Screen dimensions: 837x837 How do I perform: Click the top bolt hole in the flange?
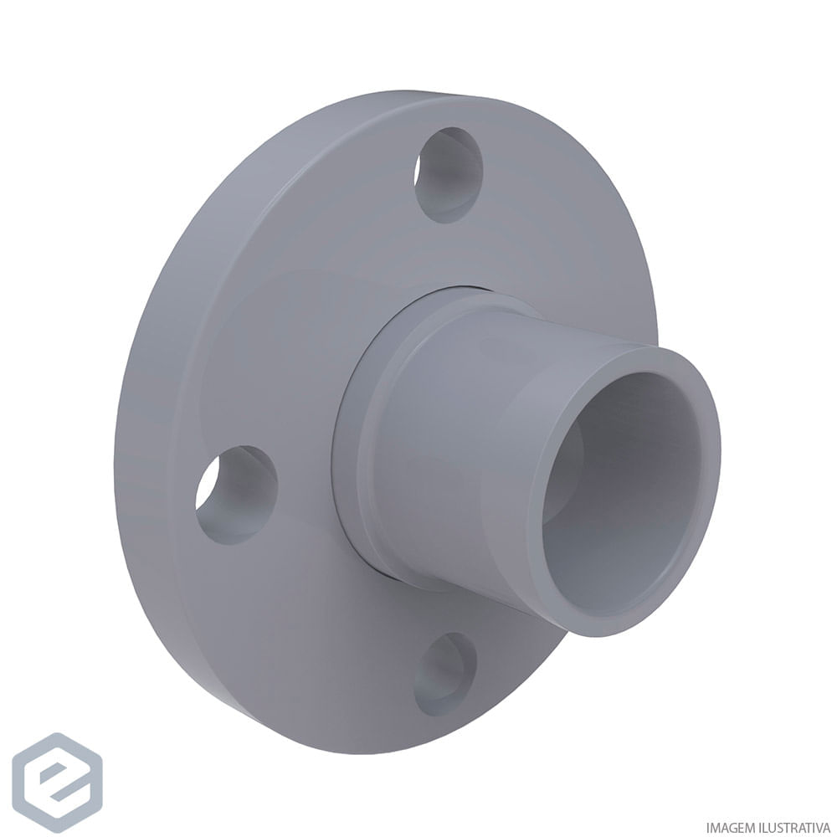449,175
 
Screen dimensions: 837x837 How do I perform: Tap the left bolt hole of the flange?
236,495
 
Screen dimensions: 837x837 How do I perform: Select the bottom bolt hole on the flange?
445,673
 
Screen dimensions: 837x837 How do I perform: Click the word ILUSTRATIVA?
794,824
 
